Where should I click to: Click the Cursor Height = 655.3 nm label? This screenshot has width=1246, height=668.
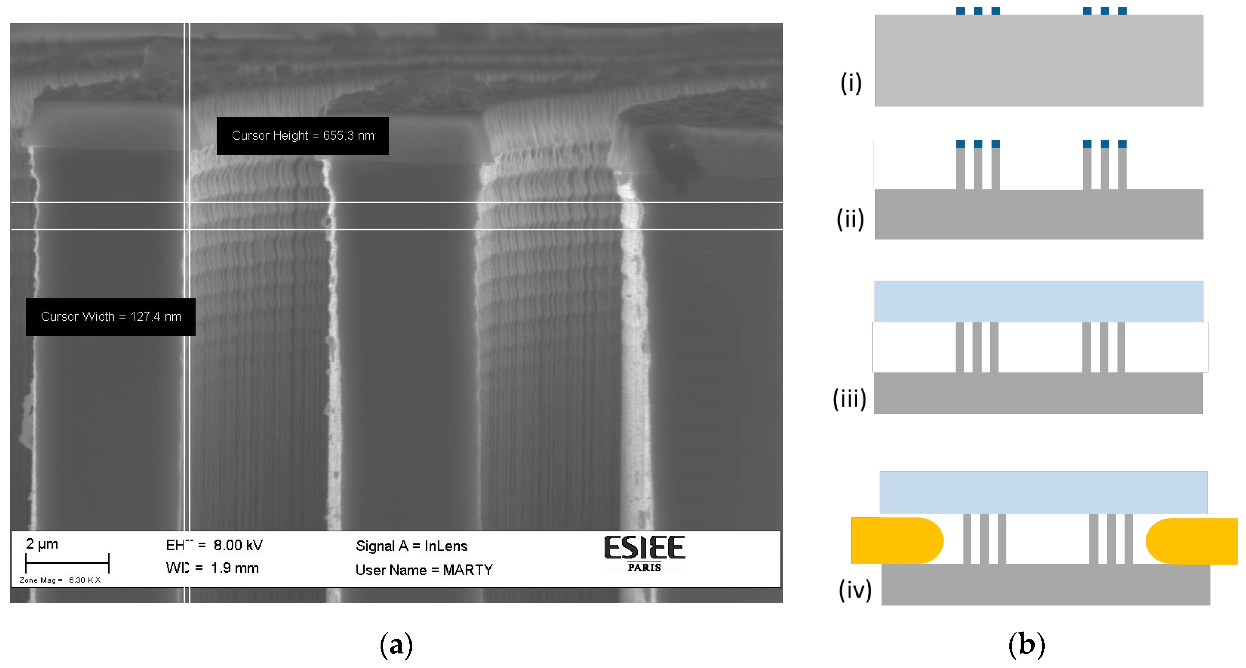[x=302, y=136]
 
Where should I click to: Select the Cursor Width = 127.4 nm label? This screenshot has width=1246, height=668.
[x=111, y=317]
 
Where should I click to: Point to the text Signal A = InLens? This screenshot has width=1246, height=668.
[x=411, y=546]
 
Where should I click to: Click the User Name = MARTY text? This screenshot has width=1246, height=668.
[x=424, y=570]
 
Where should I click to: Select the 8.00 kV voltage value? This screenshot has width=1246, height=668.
[x=238, y=545]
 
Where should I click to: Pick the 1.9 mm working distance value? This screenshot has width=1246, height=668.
[x=234, y=568]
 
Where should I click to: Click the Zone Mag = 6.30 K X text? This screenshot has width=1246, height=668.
[x=60, y=580]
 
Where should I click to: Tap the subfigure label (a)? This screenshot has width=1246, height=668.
[x=396, y=645]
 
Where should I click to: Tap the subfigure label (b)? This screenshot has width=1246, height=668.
[x=1026, y=645]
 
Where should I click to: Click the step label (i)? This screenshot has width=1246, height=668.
[x=851, y=83]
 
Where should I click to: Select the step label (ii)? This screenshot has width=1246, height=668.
[x=850, y=219]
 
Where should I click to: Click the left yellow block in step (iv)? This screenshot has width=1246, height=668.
[x=895, y=540]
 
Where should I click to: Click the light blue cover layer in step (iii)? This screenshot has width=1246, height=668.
[x=1038, y=301]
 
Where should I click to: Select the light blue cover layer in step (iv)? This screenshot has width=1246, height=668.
[x=1043, y=492]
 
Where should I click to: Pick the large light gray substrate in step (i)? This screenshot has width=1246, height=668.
[x=1039, y=60]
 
